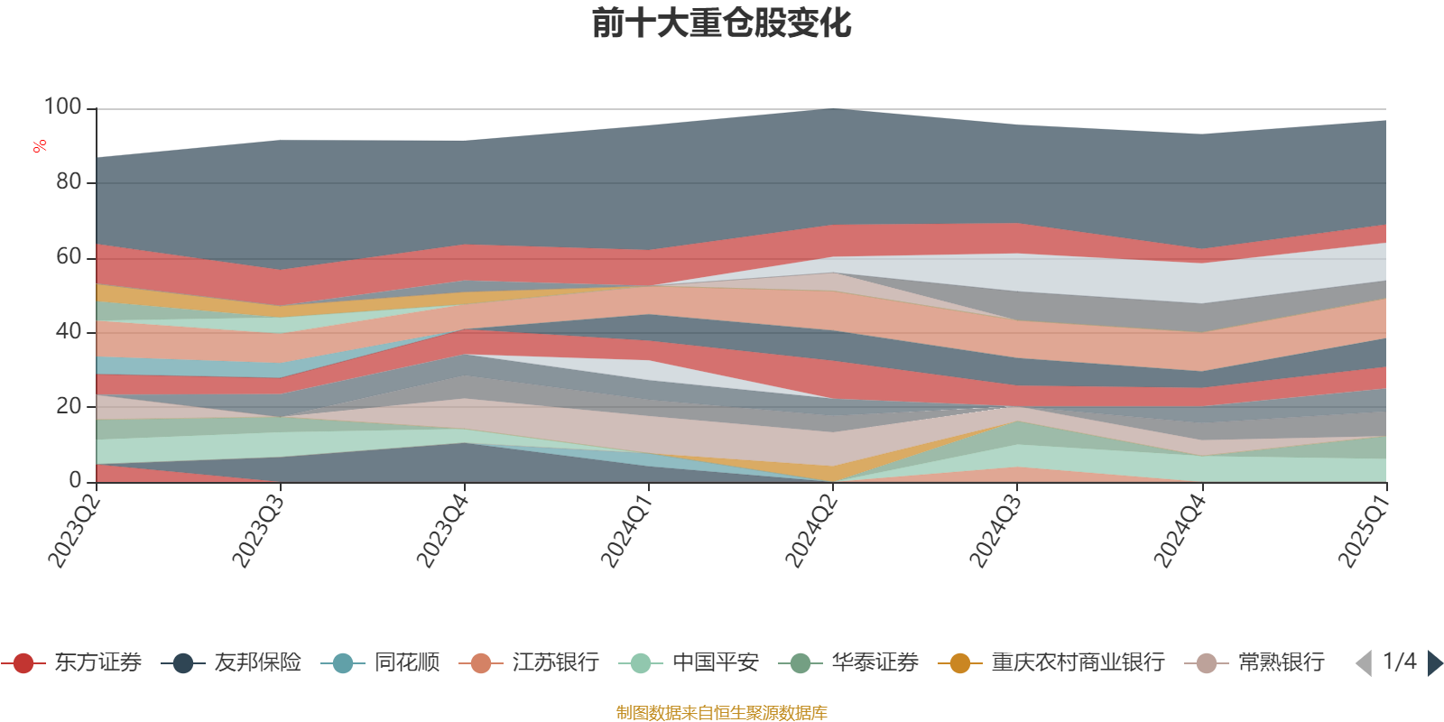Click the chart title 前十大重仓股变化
pos(722,23)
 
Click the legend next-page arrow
pos(1434,663)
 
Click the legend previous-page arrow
pos(1364,663)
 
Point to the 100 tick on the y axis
pos(63,107)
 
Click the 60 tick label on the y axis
pos(69,257)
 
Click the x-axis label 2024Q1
pos(625,532)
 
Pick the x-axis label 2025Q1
pos(1363,532)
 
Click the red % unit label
pos(40,146)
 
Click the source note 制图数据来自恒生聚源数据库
pos(721,713)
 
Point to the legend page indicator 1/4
pos(1399,662)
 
